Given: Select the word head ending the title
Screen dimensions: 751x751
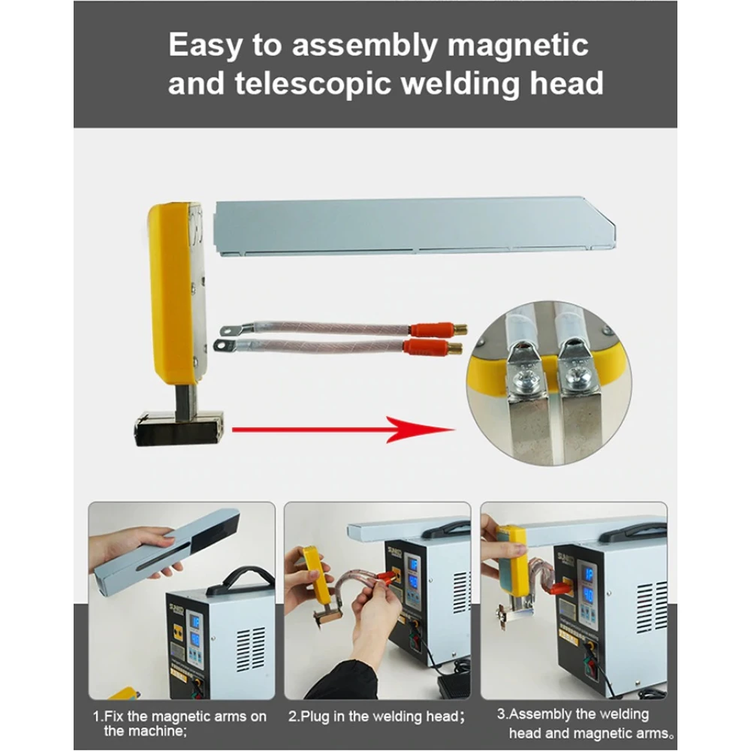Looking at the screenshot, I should tap(564, 83).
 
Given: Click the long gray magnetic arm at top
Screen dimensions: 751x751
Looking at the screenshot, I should tap(413, 225).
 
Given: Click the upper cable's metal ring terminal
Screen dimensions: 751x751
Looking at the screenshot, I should tap(228, 329).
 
